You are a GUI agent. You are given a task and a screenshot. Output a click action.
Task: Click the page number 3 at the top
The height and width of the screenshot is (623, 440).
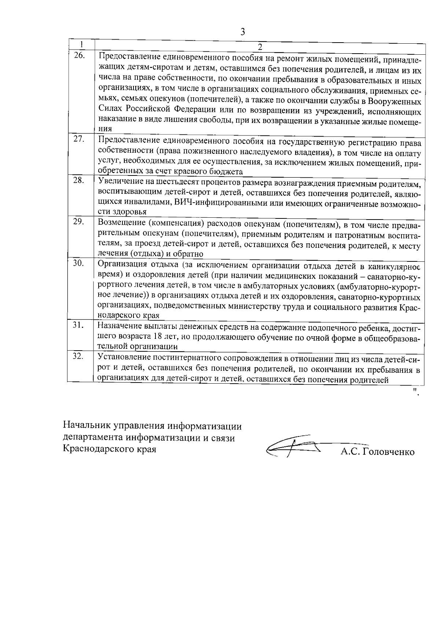pyautogui.click(x=242, y=32)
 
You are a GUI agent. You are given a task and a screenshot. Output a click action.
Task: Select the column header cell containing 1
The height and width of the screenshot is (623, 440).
pyautogui.click(x=81, y=44)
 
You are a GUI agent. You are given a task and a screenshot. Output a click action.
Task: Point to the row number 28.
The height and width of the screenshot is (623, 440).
pyautogui.click(x=79, y=180)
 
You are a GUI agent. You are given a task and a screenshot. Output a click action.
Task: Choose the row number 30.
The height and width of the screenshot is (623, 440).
pyautogui.click(x=79, y=263)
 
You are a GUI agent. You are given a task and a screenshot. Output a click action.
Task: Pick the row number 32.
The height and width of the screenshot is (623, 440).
pyautogui.click(x=79, y=356)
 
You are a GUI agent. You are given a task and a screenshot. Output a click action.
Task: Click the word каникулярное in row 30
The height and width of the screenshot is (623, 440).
pyautogui.click(x=396, y=265)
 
